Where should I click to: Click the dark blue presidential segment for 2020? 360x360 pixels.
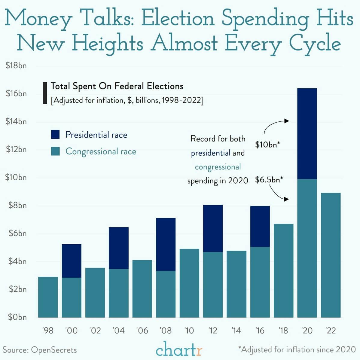[307, 134]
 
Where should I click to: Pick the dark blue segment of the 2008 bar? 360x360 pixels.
[166, 244]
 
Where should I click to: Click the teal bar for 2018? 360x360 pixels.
[283, 270]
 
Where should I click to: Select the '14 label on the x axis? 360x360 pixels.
[236, 331]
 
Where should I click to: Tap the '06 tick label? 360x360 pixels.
[142, 331]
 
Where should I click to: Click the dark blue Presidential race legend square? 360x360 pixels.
[55, 135]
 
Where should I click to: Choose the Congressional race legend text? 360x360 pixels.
[101, 151]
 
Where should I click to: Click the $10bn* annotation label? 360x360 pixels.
[267, 145]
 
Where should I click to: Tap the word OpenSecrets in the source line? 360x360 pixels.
[54, 350]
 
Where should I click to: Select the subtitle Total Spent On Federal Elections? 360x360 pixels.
[117, 86]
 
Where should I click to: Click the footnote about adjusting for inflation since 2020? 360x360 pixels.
[297, 349]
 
